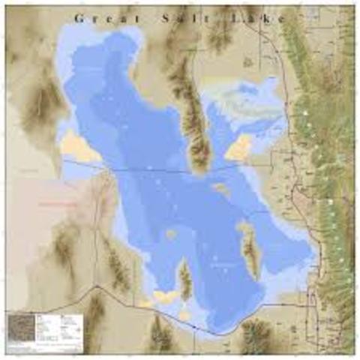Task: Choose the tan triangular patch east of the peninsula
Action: click(x=239, y=148)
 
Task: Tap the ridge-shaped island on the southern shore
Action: click(x=185, y=279)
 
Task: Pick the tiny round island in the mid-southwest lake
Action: click(x=172, y=234)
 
